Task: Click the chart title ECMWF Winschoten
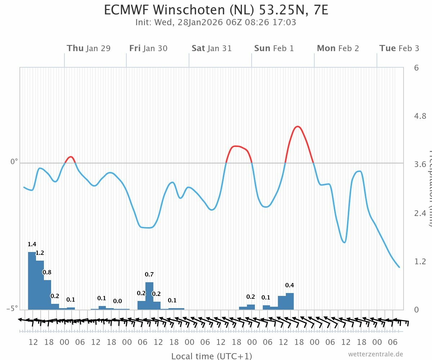[216, 10]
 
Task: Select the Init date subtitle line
[216, 22]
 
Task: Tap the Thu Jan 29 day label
[89, 48]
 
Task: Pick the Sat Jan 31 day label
[212, 48]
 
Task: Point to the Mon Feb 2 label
[338, 48]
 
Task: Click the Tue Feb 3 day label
[399, 48]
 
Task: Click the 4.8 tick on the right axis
[421, 116]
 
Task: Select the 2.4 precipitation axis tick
[421, 213]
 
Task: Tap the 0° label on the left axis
[14, 162]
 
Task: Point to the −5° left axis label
[12, 309]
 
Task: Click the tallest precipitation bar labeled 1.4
[32, 281]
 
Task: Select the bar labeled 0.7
[149, 296]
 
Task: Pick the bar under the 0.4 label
[290, 301]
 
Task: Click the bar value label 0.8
[47, 272]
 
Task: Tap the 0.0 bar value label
[117, 301]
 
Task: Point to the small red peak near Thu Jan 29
[71, 157]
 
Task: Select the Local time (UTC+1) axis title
[212, 356]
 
